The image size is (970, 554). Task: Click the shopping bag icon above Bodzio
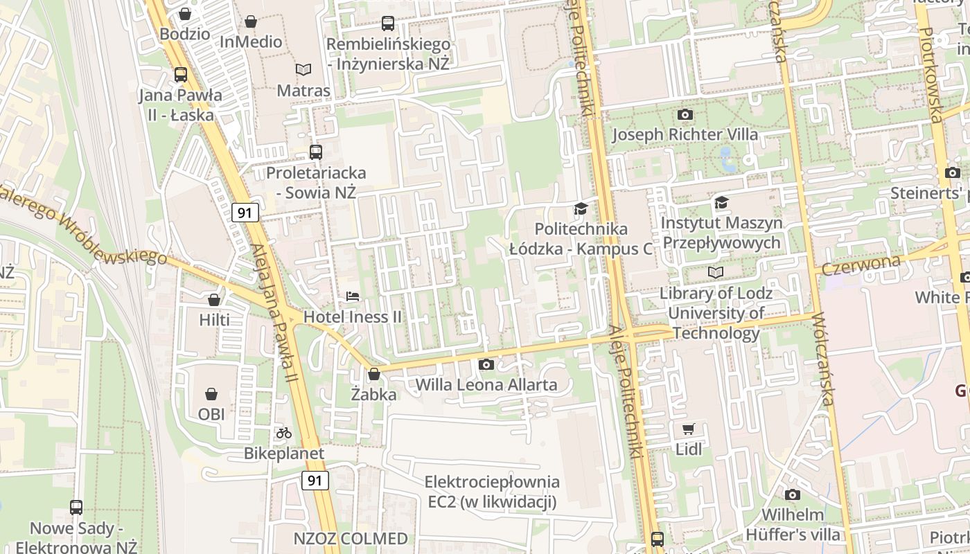(185, 13)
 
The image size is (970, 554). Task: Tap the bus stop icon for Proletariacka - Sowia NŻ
(316, 152)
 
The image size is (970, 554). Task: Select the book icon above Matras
(303, 69)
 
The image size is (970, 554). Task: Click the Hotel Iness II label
(353, 316)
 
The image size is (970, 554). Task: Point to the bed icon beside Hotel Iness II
(353, 296)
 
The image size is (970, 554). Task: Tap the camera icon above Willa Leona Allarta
(486, 364)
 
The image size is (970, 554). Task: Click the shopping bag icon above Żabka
(374, 374)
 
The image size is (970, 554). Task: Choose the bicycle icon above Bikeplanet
(284, 433)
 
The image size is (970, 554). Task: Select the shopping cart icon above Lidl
(689, 429)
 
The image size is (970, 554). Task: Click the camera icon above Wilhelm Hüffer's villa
(793, 494)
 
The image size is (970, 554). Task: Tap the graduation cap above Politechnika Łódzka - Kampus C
(581, 208)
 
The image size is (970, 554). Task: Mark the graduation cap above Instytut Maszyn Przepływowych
(721, 202)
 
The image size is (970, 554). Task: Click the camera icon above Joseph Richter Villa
(685, 114)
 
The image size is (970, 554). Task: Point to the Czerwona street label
(861, 264)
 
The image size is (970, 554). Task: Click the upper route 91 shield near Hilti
(245, 213)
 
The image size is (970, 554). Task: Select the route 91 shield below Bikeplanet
(315, 480)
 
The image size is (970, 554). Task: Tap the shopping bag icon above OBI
(211, 394)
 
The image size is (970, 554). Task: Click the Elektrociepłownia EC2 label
(492, 492)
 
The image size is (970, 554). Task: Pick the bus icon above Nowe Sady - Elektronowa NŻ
(76, 508)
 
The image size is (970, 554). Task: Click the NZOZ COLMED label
(351, 539)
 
